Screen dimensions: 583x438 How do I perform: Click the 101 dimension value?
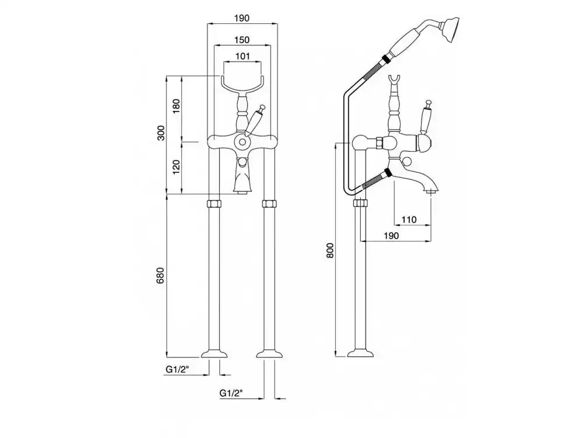(243, 56)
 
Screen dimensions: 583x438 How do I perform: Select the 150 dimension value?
(242, 40)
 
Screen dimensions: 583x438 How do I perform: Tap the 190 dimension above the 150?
(242, 18)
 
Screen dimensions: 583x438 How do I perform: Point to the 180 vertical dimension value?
(176, 106)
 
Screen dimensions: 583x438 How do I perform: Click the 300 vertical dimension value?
(161, 133)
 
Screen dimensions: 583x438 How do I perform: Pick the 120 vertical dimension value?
(176, 167)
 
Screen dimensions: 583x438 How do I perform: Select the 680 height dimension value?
(160, 276)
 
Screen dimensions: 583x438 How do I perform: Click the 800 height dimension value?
(331, 251)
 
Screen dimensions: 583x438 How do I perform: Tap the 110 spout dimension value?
(409, 220)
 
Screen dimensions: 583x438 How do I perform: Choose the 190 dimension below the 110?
(391, 235)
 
